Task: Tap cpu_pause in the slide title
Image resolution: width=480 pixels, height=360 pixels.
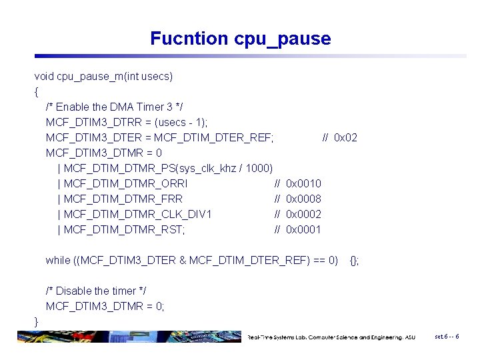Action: [283, 39]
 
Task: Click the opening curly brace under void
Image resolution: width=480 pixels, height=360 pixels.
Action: [37, 92]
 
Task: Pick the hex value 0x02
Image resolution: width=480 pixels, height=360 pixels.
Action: [345, 138]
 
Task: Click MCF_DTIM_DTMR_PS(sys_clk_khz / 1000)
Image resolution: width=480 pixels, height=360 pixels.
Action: [169, 169]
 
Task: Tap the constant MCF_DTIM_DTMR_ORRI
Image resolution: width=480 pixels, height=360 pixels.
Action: [126, 184]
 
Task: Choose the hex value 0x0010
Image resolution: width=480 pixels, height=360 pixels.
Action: [303, 184]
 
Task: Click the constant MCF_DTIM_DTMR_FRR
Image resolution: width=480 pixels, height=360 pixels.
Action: [123, 199]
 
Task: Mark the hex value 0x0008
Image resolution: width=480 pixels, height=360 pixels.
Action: [303, 199]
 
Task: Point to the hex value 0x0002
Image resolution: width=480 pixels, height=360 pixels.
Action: [303, 215]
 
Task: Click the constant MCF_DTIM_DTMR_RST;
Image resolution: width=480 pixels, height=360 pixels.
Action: [125, 230]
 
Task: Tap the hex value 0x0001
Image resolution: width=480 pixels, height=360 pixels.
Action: [303, 230]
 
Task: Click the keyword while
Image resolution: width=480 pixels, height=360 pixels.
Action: [57, 261]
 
